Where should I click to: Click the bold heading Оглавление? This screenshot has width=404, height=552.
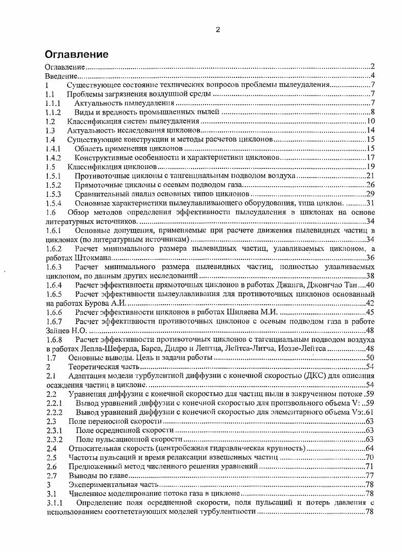pyautogui.click(x=77, y=54)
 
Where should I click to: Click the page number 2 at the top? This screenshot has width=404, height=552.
pyautogui.click(x=218, y=30)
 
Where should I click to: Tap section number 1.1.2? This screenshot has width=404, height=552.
pyautogui.click(x=53, y=112)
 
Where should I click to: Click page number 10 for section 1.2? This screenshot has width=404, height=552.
pyautogui.click(x=371, y=121)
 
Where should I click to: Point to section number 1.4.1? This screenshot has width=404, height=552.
pyautogui.click(x=53, y=149)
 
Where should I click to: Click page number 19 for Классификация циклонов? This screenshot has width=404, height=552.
pyautogui.click(x=371, y=167)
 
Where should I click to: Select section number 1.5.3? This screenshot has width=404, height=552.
pyautogui.click(x=53, y=194)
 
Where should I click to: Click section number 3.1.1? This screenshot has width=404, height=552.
pyautogui.click(x=54, y=503)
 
